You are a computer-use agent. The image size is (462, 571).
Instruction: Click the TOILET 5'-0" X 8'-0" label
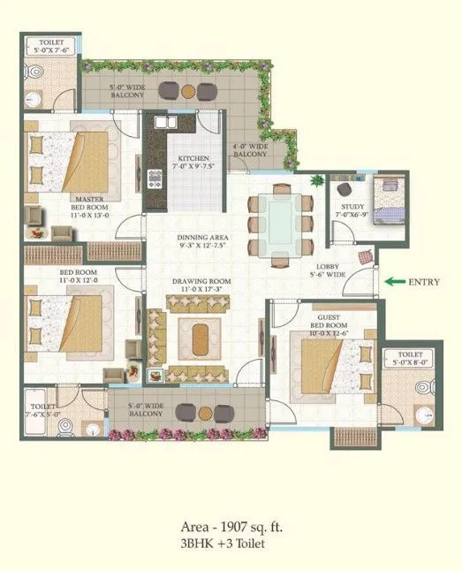coord(407,357)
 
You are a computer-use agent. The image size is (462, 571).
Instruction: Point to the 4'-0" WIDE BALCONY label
coord(250,150)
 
